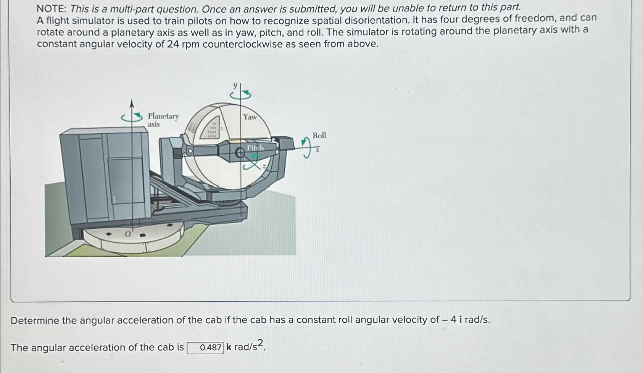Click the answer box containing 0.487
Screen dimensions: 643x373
point(205,348)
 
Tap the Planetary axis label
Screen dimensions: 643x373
point(163,120)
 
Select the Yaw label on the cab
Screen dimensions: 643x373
point(250,117)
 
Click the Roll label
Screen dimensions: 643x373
point(319,135)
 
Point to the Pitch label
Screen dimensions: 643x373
point(255,148)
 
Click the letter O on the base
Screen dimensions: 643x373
point(128,234)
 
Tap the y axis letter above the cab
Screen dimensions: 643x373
point(235,85)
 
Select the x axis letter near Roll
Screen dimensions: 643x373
point(317,150)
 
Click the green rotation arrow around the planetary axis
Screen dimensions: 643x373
point(132,118)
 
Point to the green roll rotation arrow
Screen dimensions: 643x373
point(306,147)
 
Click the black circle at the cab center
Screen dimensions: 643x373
point(240,154)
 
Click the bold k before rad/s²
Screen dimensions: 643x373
point(229,347)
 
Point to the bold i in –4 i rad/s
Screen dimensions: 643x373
point(461,319)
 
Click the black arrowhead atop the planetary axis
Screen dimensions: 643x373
point(132,104)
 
